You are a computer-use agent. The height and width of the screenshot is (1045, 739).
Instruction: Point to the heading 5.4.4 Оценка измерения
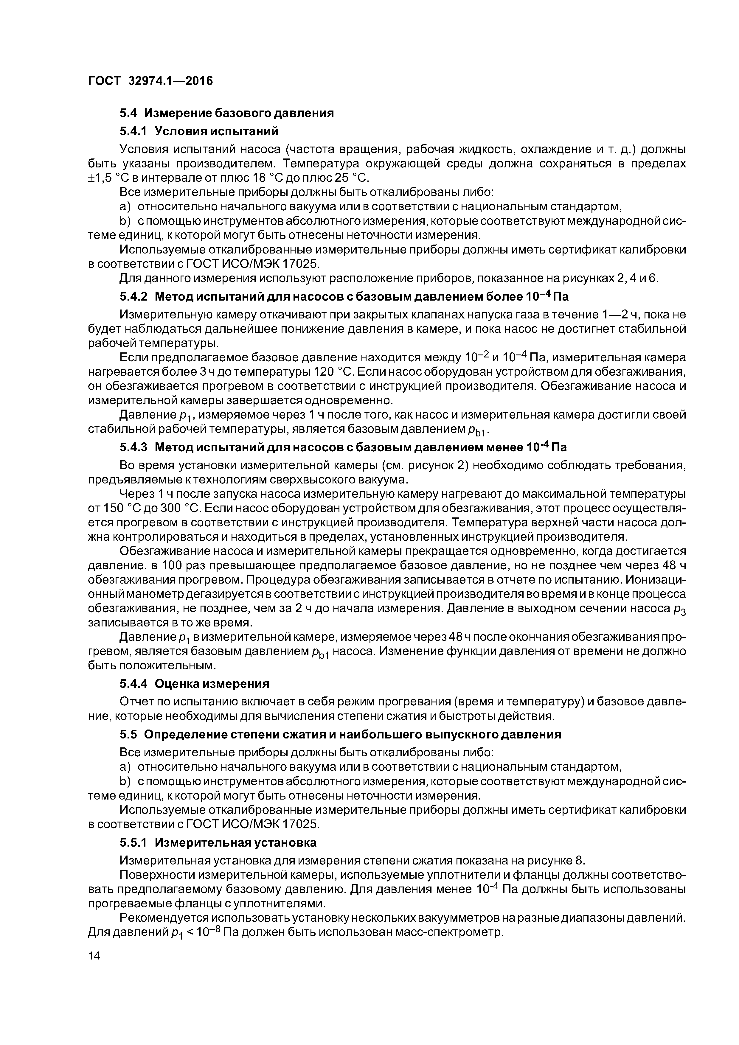coord(194,684)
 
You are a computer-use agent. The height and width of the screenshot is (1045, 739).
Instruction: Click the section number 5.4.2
coord(133,297)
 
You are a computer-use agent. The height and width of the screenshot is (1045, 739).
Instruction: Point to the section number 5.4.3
coord(133,447)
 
